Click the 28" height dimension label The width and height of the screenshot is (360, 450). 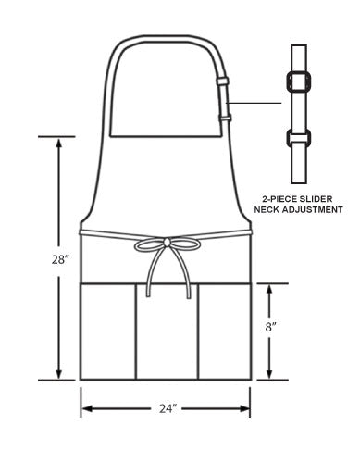[59, 259]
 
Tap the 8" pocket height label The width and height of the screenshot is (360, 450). [270, 327]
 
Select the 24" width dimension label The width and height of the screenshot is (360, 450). [168, 408]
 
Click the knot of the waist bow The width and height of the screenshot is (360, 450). [167, 243]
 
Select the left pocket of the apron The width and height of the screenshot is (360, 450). [108, 331]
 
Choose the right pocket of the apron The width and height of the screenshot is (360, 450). [225, 331]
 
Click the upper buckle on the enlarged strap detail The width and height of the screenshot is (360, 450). [299, 81]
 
